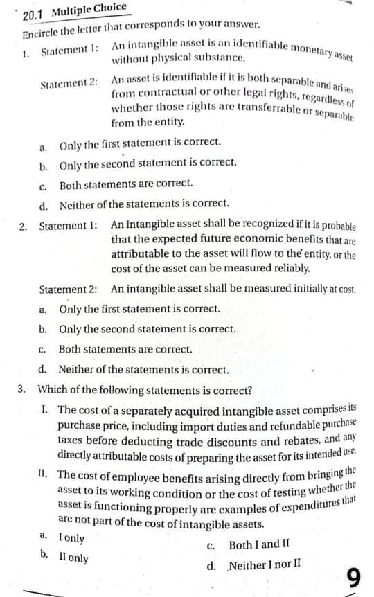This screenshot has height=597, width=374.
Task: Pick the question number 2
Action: [23, 226]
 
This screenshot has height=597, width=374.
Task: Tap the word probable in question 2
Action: [332, 227]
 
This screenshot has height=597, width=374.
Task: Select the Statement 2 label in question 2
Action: [68, 289]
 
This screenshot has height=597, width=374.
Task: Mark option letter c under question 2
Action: [43, 350]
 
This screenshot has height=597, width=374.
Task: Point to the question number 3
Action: [23, 389]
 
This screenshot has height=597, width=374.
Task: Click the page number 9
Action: [354, 577]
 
